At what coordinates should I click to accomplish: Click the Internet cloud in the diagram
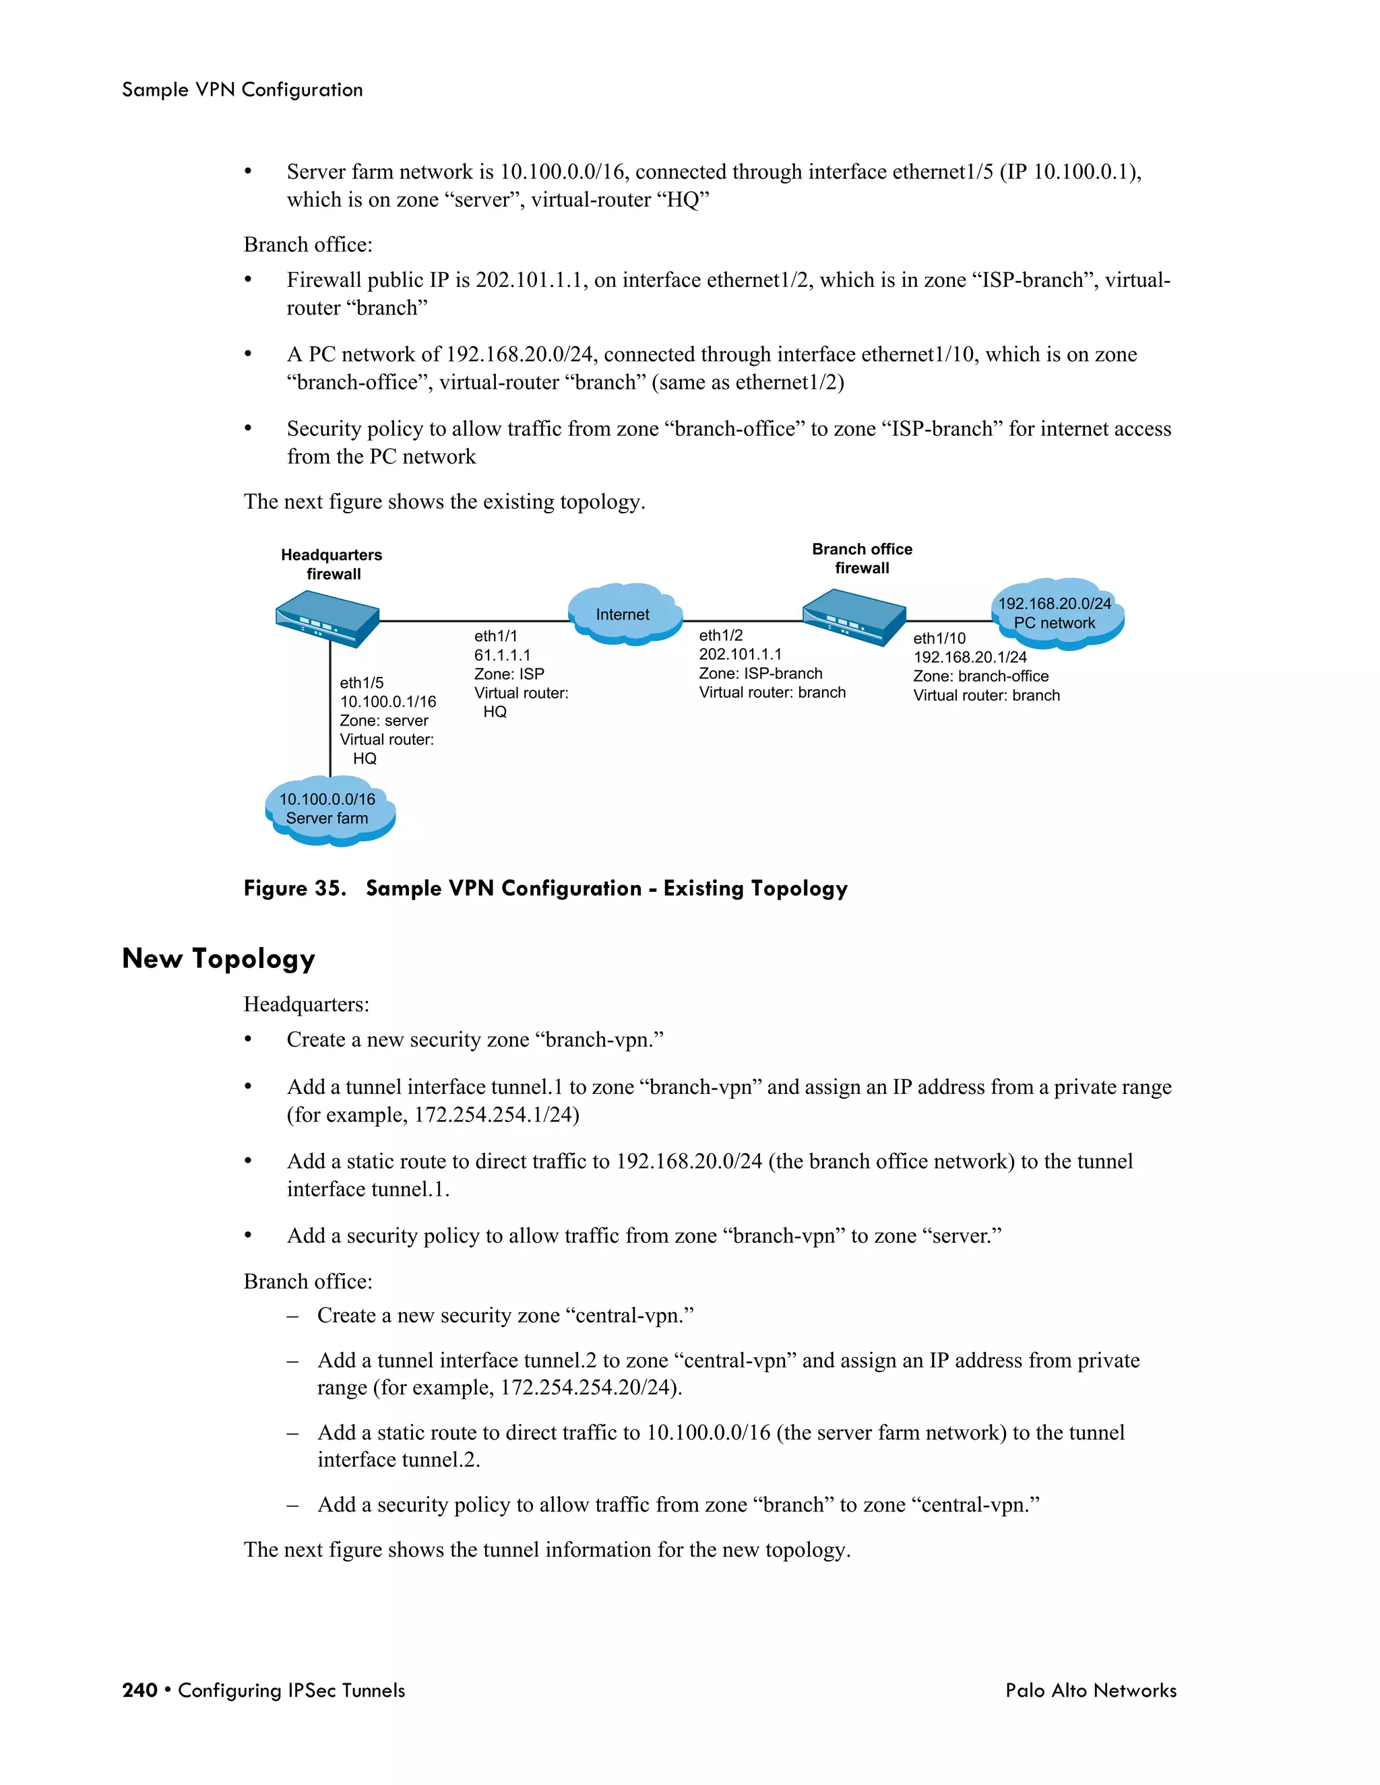click(x=624, y=614)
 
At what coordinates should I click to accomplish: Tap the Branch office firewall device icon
click(x=854, y=616)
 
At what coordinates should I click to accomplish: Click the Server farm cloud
click(x=329, y=810)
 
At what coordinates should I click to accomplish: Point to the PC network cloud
click(x=1057, y=614)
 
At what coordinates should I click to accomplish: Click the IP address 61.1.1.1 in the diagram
click(x=502, y=655)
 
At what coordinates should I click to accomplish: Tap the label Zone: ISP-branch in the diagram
click(x=760, y=674)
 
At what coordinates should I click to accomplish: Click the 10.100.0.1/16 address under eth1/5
click(x=387, y=701)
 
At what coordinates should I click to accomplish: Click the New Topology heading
click(x=218, y=958)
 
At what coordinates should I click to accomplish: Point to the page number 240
click(x=139, y=1690)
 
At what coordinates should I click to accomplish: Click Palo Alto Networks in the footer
click(x=1091, y=1690)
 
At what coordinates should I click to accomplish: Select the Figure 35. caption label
click(x=294, y=888)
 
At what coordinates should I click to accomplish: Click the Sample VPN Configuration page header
click(x=242, y=90)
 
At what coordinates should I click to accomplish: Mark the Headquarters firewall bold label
click(x=331, y=564)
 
